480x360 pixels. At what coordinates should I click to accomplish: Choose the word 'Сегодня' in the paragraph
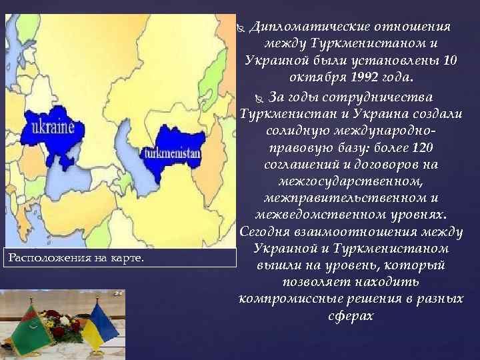tap(263, 232)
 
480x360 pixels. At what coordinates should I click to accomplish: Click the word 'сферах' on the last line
tap(351, 315)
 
